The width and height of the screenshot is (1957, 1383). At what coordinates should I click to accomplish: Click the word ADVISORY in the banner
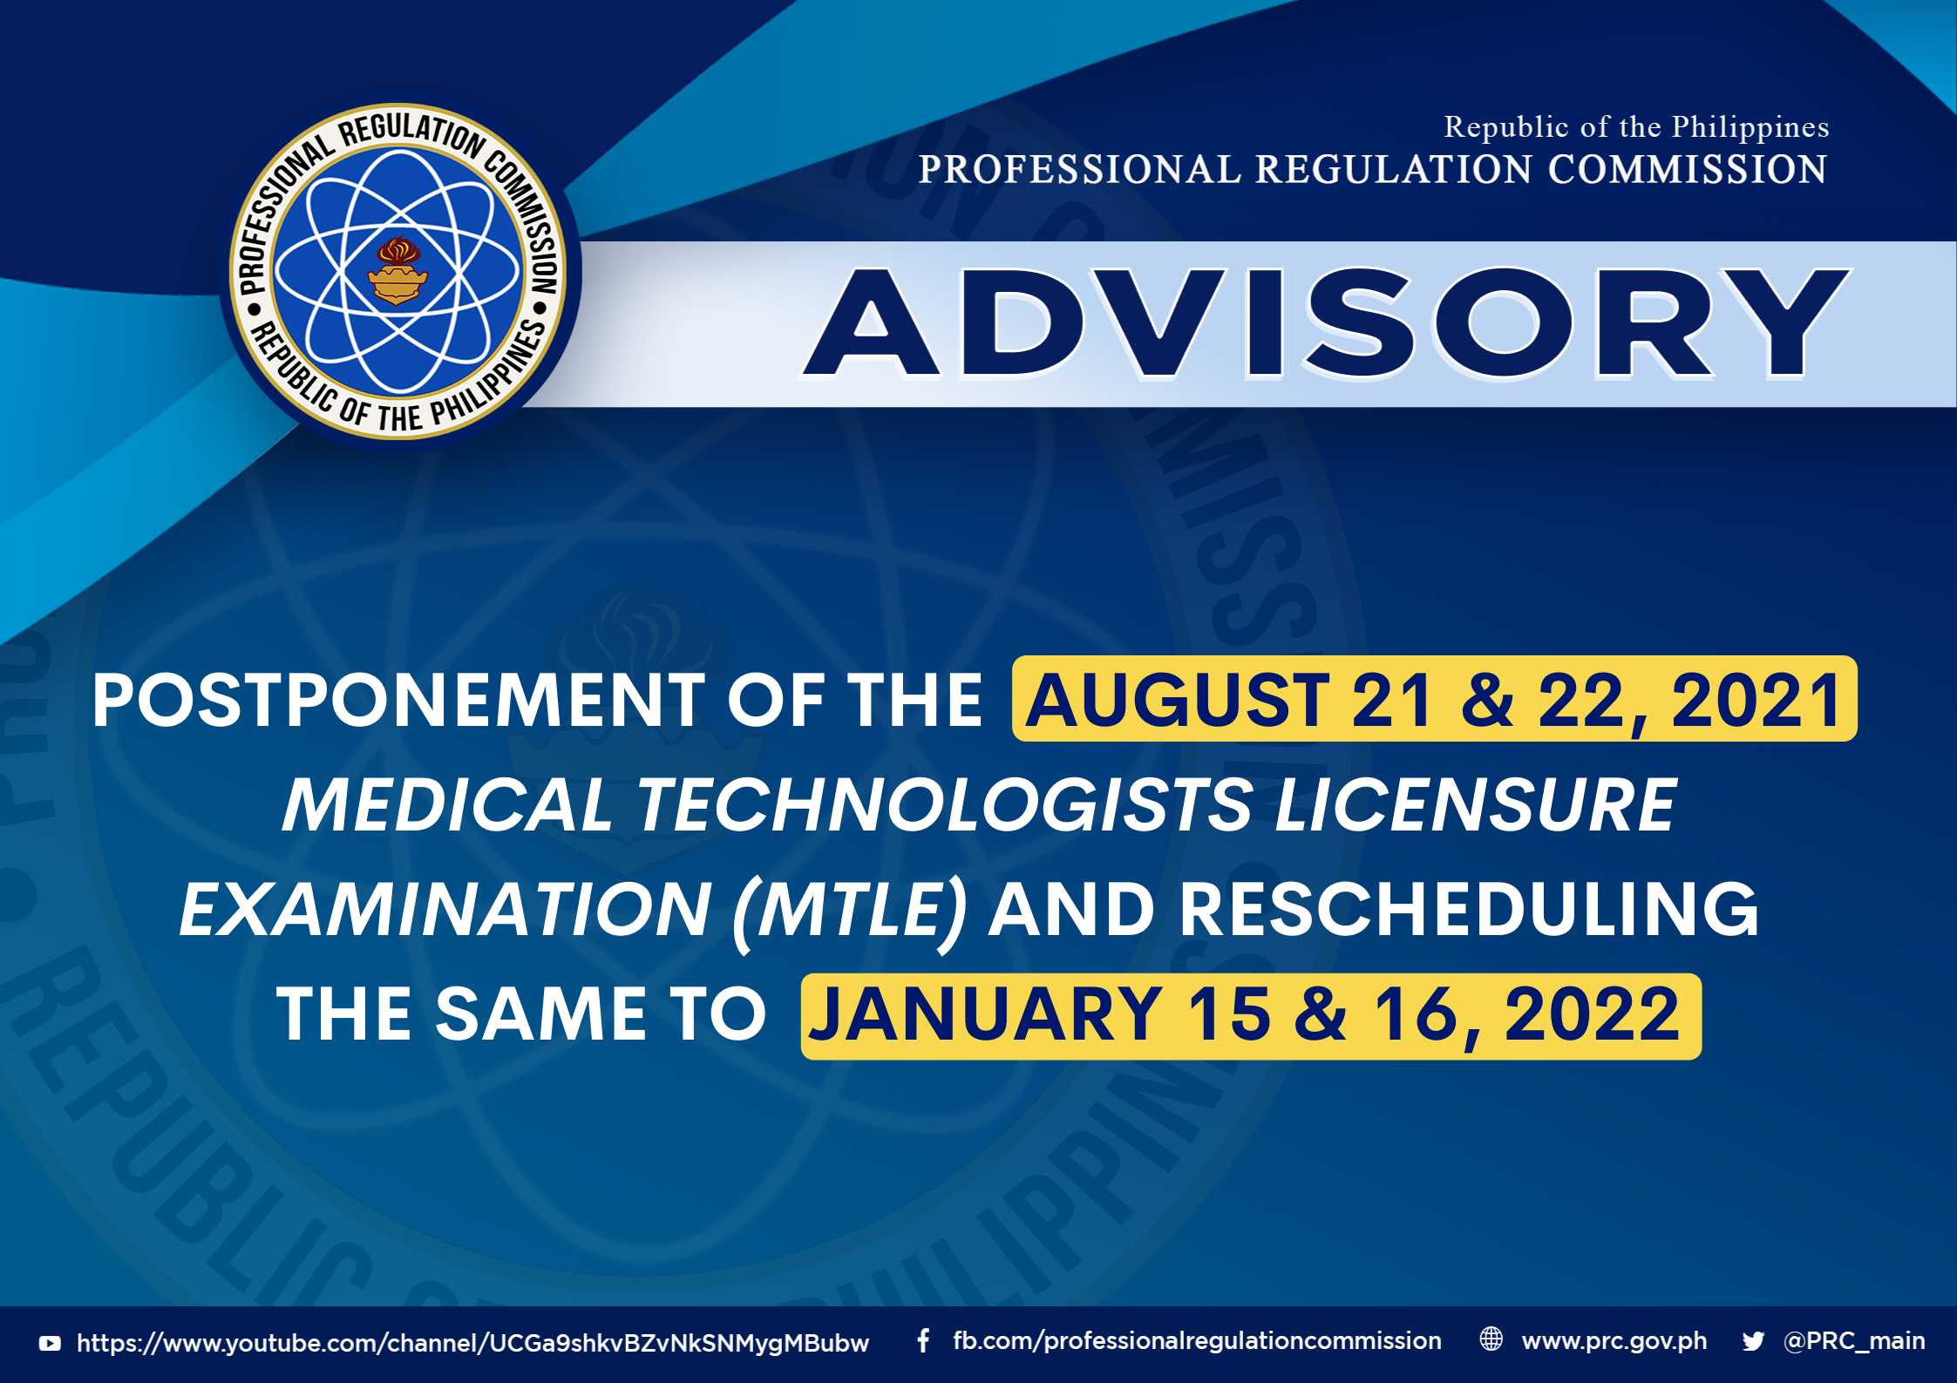(1326, 322)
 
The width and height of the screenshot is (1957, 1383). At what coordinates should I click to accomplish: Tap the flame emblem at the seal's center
(398, 271)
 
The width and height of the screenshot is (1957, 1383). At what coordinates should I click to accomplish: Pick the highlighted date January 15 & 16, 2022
(1251, 1015)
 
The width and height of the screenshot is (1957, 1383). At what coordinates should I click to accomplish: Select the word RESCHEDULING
(1470, 909)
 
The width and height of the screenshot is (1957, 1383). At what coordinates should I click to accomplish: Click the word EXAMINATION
(445, 909)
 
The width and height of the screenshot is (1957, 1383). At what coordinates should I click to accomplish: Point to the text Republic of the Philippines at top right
(1636, 127)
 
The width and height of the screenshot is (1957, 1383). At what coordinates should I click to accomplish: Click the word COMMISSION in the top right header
(1688, 170)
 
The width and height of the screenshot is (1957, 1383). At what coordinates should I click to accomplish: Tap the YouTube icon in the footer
(50, 1343)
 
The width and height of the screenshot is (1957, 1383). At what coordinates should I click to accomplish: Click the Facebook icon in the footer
(923, 1340)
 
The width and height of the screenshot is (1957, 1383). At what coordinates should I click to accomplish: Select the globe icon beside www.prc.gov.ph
(1492, 1339)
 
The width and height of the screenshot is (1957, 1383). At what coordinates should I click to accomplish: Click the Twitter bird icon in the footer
(1753, 1341)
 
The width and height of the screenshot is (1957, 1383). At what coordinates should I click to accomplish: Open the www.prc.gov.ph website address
(1614, 1341)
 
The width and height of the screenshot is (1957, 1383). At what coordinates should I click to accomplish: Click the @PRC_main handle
(1854, 1341)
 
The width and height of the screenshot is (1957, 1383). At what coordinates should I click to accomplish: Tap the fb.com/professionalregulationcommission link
(1197, 1341)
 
